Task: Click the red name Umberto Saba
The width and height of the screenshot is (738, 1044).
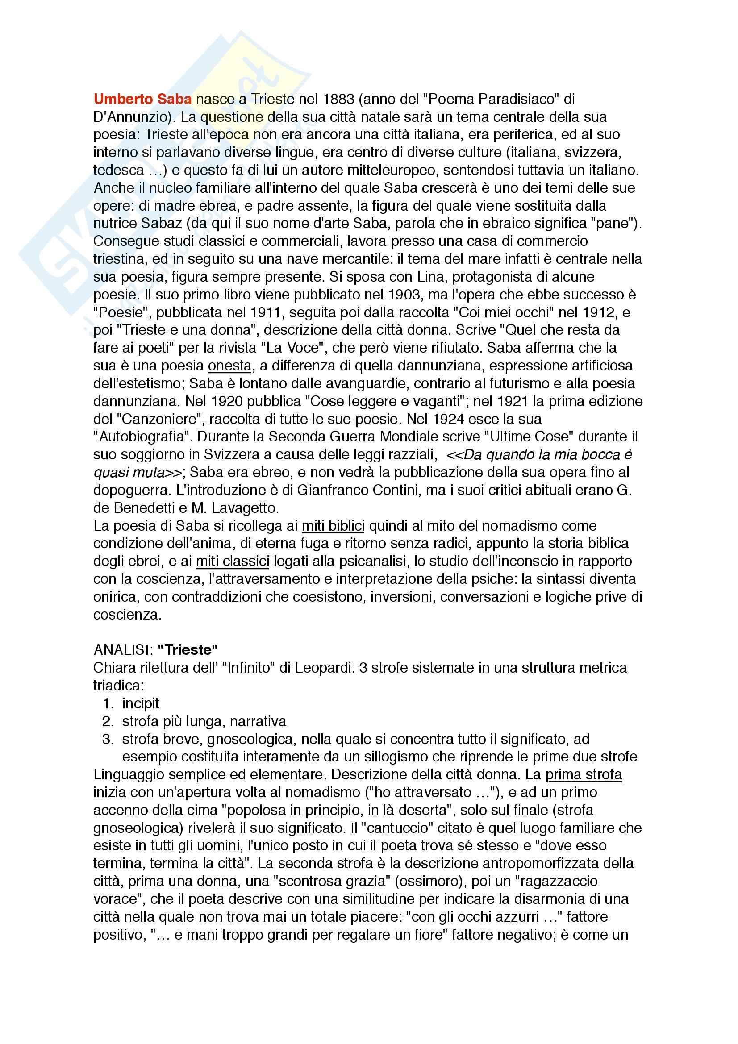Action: click(142, 99)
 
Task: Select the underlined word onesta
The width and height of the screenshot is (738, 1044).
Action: click(229, 366)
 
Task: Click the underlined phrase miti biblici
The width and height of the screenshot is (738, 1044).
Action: click(333, 526)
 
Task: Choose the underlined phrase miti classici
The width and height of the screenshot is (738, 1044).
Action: click(232, 561)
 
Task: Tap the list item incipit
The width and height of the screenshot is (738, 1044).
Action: click(141, 703)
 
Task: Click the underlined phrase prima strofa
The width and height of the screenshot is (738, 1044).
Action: click(584, 774)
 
